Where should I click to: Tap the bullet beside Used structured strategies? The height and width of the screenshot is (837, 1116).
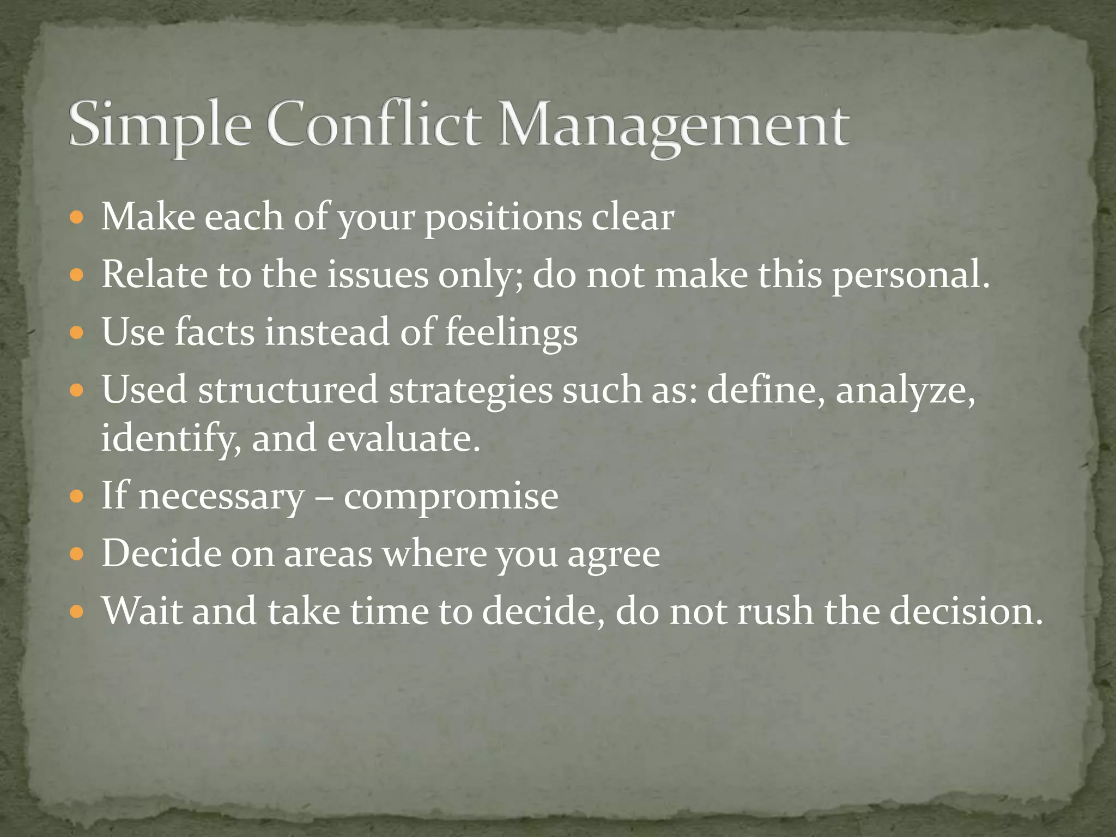[77, 391]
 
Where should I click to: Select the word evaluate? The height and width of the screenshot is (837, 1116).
[403, 438]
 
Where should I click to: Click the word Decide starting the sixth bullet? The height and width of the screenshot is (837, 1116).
[161, 554]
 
